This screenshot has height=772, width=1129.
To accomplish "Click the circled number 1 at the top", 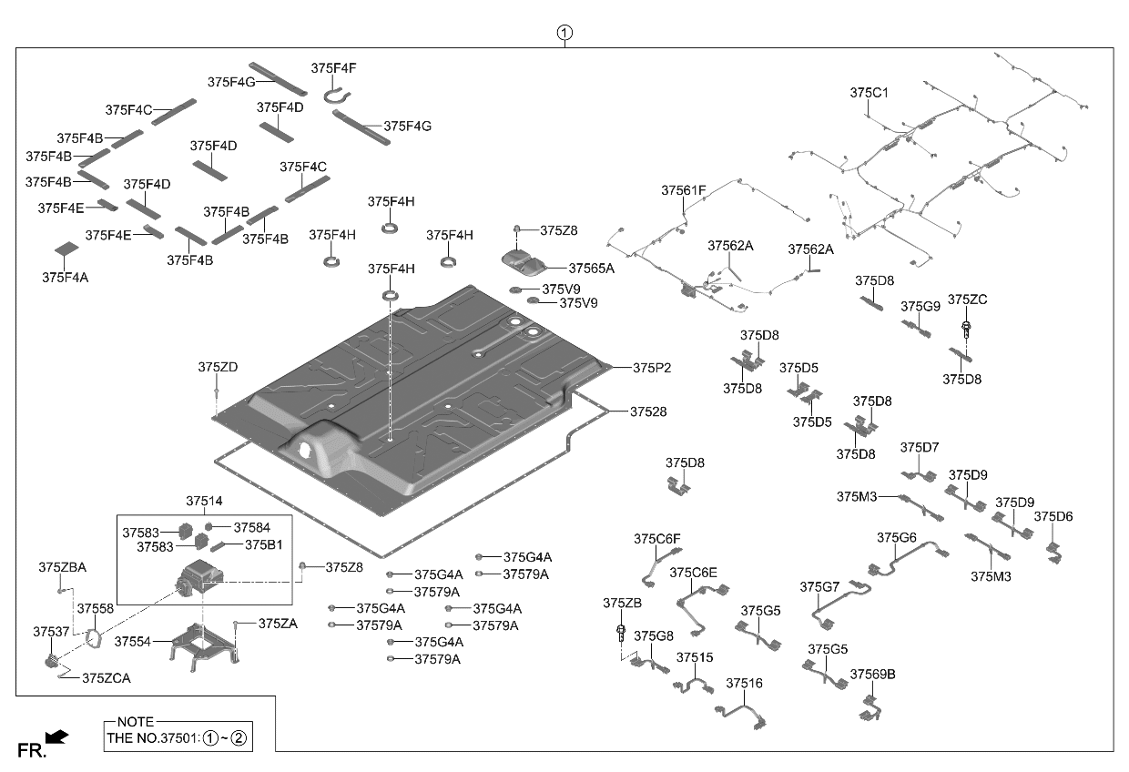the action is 564,33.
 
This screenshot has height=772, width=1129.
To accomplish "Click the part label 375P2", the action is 652,368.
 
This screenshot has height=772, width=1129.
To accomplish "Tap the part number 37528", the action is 648,411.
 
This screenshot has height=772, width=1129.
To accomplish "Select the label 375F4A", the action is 65,278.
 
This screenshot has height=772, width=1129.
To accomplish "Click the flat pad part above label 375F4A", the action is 66,249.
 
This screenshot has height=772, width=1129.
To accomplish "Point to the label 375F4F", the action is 333,68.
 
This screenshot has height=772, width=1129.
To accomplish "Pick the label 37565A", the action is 591,269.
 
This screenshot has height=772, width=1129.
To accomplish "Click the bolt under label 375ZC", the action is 966,330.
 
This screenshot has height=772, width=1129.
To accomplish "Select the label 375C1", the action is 869,93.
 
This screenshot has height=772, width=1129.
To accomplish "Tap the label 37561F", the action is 684,190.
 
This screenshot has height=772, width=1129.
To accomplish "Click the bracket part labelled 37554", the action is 204,646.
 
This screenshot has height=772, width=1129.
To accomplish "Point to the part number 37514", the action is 204,501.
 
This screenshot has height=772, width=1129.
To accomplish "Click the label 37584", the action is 251,528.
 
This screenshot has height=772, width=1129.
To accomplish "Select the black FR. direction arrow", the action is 56,736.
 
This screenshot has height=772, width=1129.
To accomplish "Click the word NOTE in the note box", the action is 136,722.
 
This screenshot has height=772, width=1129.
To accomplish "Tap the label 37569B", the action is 872,675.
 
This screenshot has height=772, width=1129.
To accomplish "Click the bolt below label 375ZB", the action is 621,633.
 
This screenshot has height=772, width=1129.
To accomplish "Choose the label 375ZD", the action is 218,368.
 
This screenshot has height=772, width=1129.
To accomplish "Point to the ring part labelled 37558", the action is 93,638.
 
